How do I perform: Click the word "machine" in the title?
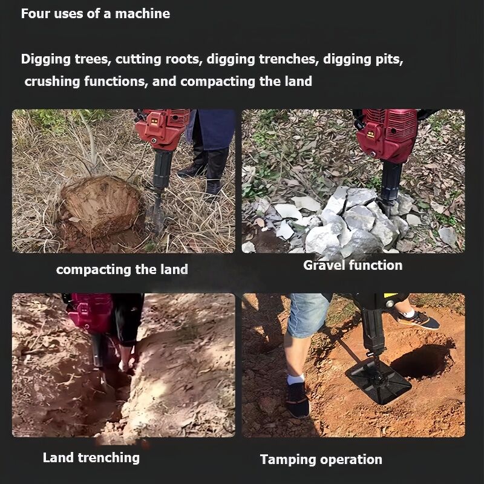[x=142, y=14]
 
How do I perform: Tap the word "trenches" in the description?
[x=289, y=59]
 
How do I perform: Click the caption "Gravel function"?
[x=353, y=266]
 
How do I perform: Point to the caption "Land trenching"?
[x=91, y=458]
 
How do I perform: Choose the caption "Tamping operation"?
[x=321, y=460]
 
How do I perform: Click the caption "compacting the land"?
[x=122, y=270]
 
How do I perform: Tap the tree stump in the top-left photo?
[x=102, y=205]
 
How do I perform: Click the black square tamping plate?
[x=378, y=381]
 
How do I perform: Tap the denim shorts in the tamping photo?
[x=308, y=315]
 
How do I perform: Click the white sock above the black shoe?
[x=295, y=379]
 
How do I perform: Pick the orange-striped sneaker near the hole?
[x=418, y=319]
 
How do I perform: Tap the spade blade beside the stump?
[x=157, y=215]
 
